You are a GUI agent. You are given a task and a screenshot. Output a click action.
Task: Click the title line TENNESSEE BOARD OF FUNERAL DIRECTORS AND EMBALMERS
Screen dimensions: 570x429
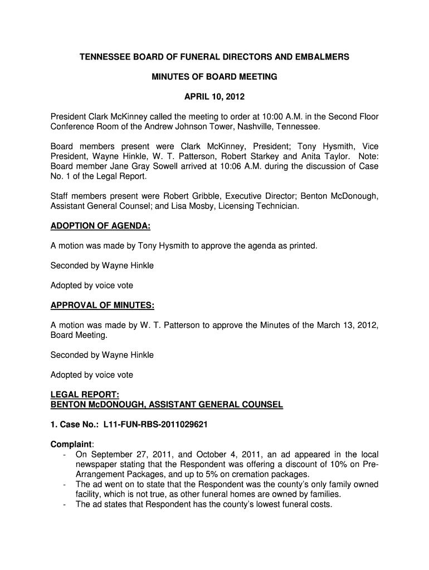(214, 57)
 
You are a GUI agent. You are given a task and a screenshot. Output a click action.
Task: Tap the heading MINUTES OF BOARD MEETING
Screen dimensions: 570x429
(214, 77)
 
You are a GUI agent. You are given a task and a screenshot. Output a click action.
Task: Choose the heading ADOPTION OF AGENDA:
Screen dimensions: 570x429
(101, 226)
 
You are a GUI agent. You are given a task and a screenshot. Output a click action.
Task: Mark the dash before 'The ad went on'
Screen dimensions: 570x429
(66, 485)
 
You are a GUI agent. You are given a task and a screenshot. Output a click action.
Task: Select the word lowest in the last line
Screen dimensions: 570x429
(256, 505)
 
